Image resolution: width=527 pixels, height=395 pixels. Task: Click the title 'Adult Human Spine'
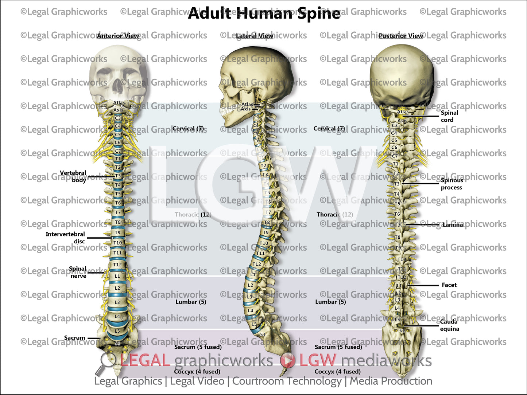click(264, 13)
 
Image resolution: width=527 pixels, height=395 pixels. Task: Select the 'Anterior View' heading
click(118, 36)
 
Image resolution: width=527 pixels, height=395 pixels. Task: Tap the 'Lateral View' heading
click(254, 36)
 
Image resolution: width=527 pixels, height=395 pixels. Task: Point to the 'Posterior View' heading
click(400, 36)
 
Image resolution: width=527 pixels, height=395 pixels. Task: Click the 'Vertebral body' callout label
click(73, 176)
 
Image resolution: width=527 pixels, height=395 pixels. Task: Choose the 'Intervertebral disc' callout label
click(66, 238)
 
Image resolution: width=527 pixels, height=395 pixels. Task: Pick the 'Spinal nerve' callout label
click(78, 272)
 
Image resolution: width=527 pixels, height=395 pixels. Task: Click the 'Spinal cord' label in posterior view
click(449, 116)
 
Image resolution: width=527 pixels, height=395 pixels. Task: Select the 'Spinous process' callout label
click(452, 184)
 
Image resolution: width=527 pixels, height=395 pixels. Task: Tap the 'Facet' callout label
click(449, 285)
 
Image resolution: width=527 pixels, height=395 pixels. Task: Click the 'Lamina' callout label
click(453, 225)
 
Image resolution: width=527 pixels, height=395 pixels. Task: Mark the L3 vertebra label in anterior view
click(117, 302)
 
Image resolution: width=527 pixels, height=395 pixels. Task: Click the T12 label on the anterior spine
click(117, 265)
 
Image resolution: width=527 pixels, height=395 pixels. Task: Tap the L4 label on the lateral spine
click(251, 311)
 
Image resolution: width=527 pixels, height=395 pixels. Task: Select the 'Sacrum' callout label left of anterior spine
click(74, 338)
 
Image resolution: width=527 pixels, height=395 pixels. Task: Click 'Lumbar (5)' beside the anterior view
click(191, 302)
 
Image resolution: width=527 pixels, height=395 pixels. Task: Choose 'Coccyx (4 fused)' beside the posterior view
click(337, 372)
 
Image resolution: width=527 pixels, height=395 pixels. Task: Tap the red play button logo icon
click(288, 360)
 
